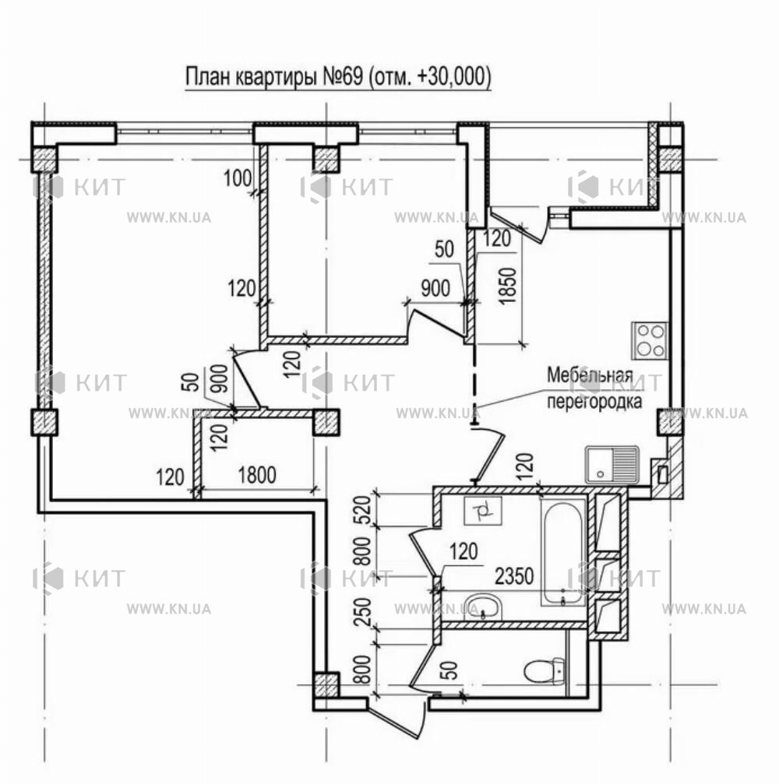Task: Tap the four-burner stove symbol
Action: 650,340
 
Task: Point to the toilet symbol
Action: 545,671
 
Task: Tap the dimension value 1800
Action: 256,475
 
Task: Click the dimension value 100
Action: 238,178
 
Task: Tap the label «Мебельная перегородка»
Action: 594,388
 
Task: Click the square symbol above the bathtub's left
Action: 482,511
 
